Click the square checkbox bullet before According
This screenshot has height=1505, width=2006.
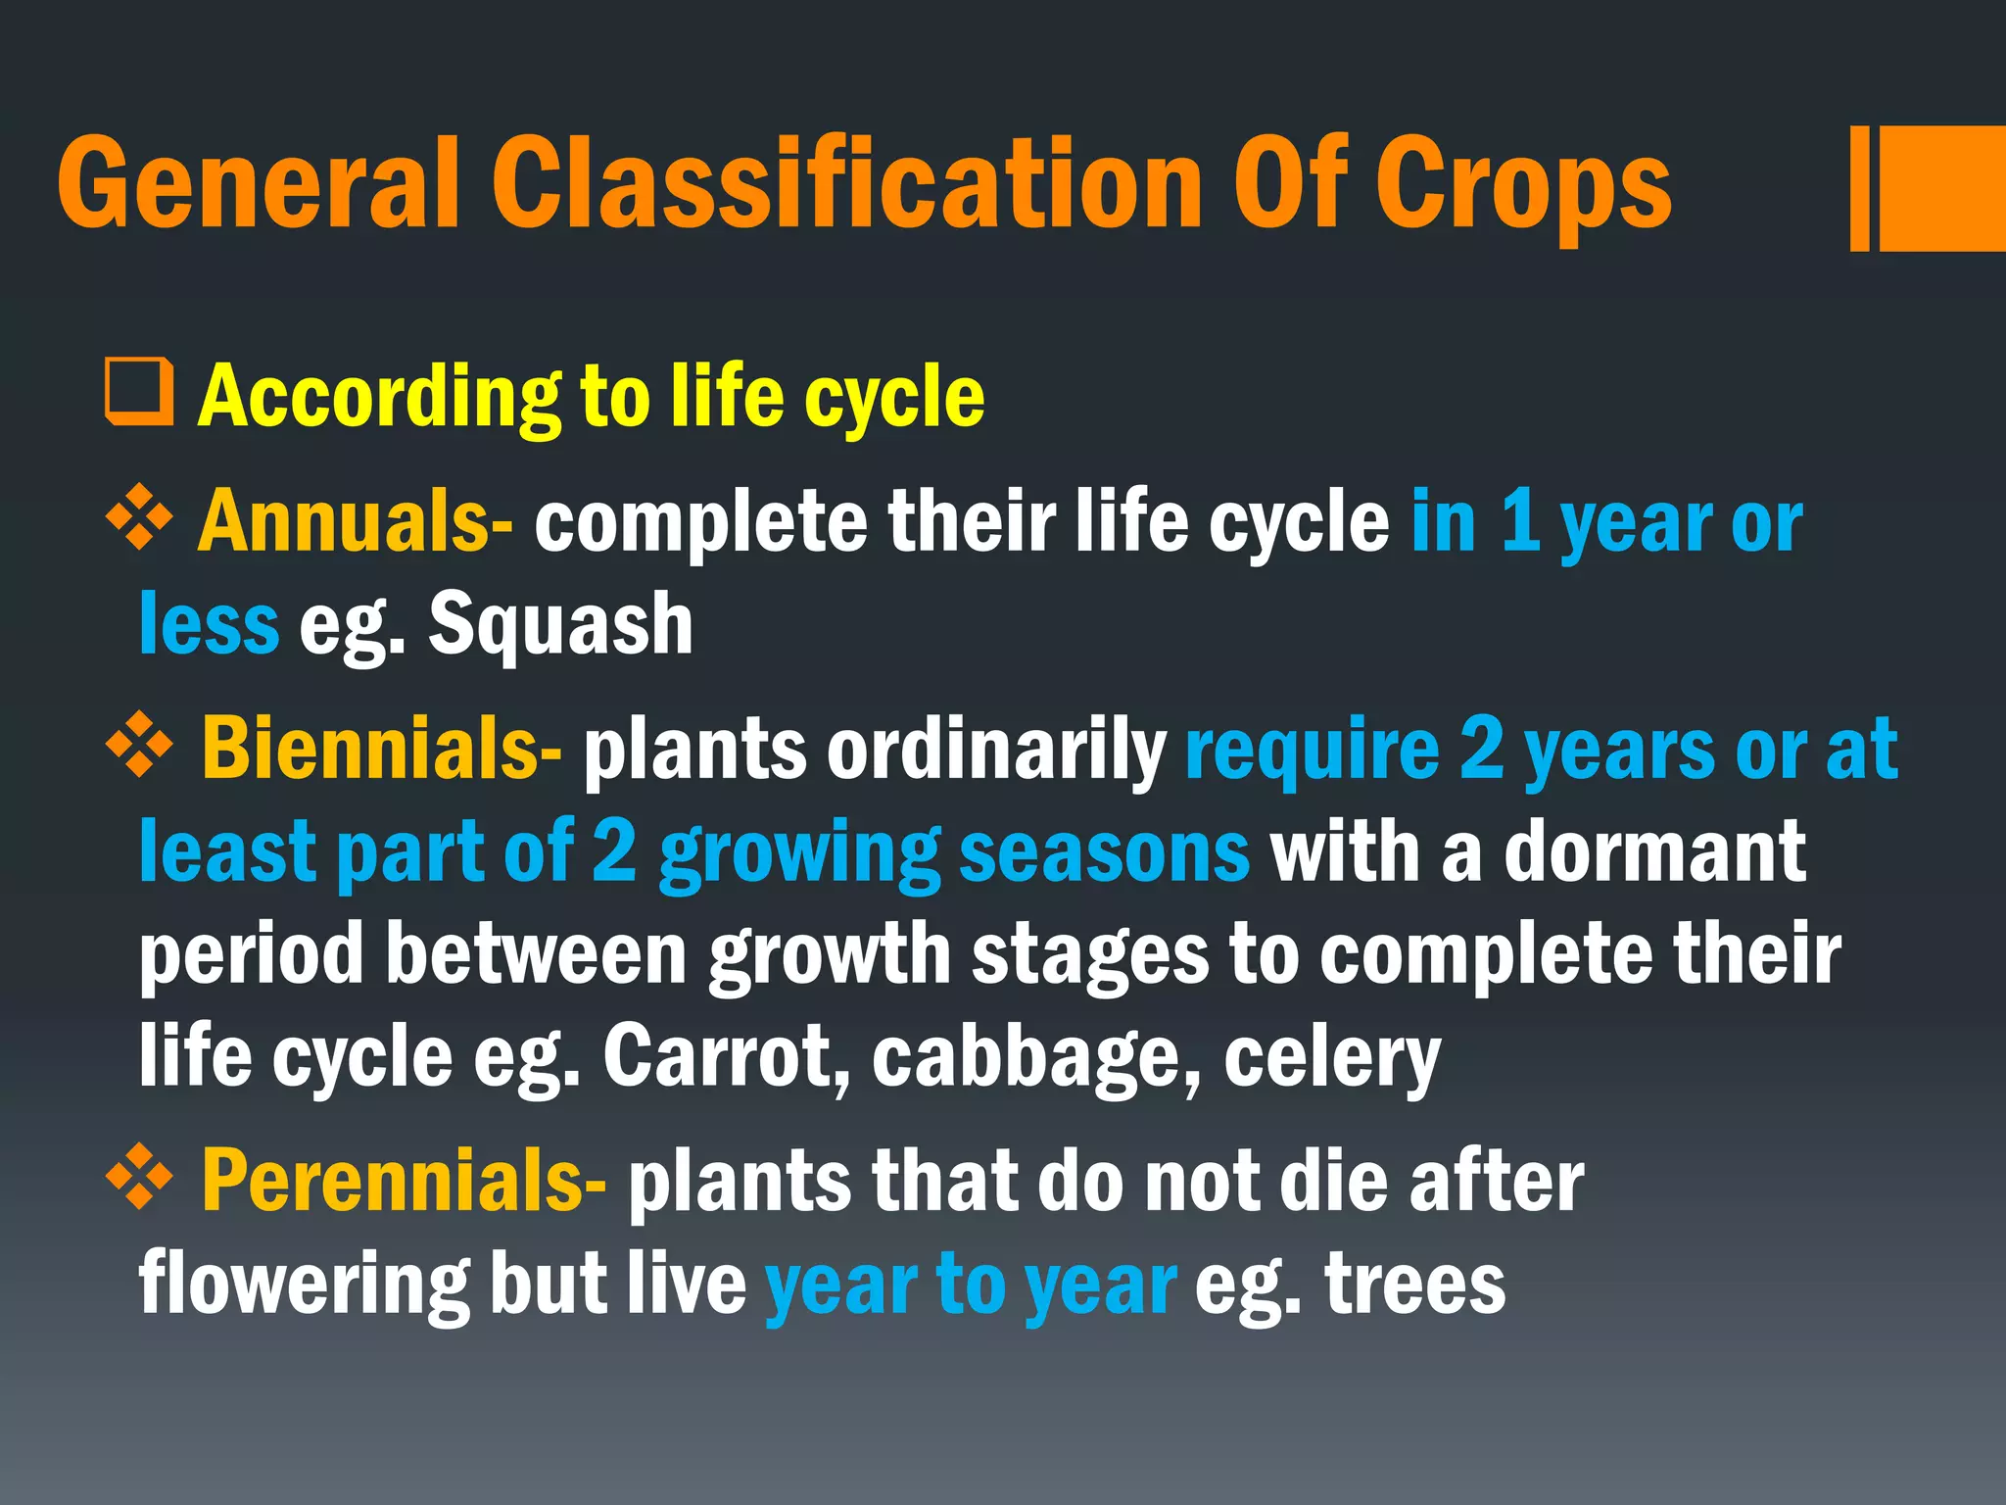(x=139, y=392)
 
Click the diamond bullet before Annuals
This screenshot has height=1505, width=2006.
(x=140, y=516)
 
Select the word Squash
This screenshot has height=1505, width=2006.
(x=561, y=624)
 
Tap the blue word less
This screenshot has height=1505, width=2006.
(x=209, y=624)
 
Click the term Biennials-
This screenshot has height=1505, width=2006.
(x=382, y=749)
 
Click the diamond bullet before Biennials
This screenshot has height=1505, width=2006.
(x=140, y=745)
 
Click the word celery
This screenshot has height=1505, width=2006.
(x=1332, y=1058)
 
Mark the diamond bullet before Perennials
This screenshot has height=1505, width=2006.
(x=140, y=1176)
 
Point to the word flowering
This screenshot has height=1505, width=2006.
(x=305, y=1286)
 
